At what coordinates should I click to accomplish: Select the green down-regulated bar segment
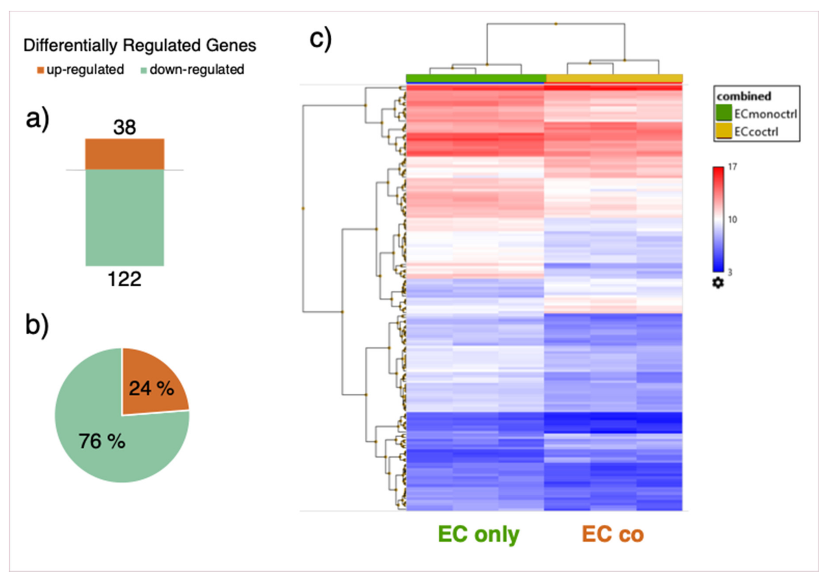(124, 218)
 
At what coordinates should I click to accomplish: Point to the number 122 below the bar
(124, 279)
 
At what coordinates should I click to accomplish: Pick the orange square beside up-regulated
(40, 70)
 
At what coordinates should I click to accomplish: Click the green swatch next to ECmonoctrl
(724, 113)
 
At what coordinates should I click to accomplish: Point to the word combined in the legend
(744, 96)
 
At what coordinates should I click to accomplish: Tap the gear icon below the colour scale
(718, 283)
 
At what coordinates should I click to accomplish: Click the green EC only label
(478, 534)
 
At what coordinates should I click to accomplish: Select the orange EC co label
(613, 534)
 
